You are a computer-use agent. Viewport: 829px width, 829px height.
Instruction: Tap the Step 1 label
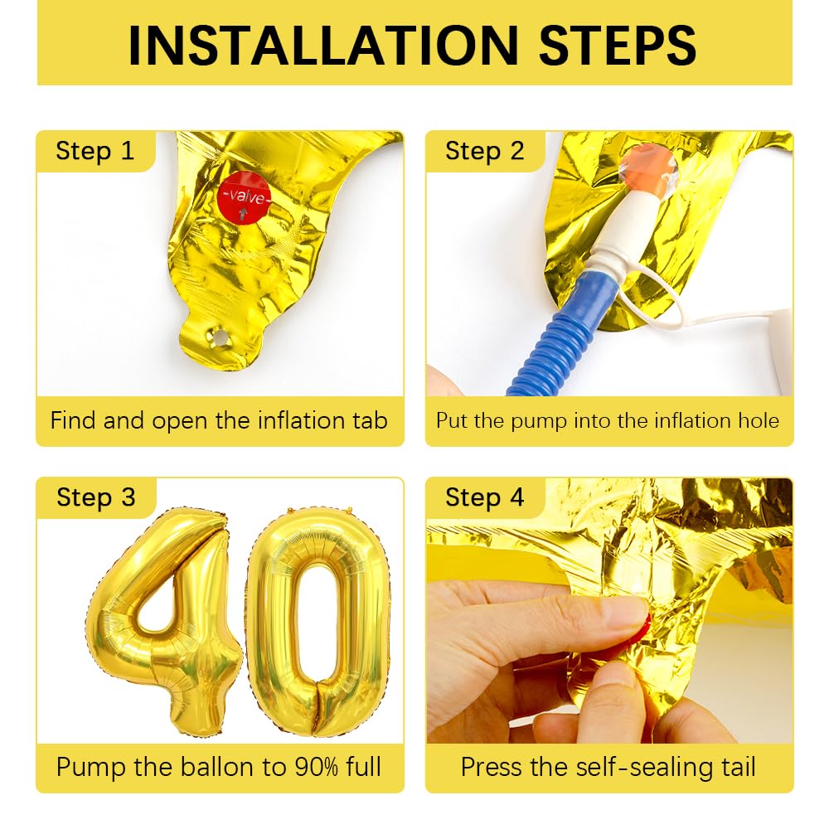tap(95, 151)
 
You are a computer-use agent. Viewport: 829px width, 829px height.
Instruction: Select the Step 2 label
tap(484, 151)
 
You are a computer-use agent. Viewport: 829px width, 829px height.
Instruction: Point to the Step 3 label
tap(95, 497)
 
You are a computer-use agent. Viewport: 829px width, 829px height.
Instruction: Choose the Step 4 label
tap(484, 497)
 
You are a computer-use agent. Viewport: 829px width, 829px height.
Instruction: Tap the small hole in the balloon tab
tap(221, 337)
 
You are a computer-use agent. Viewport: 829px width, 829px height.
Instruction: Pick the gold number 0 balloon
tap(319, 622)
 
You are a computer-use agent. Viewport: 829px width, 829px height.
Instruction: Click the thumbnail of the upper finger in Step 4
tap(626, 613)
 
